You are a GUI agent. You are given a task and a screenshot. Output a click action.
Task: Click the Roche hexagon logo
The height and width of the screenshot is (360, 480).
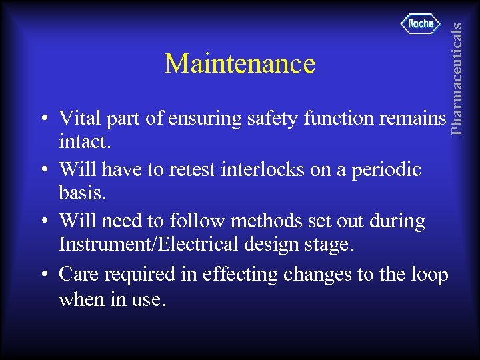pos(421,24)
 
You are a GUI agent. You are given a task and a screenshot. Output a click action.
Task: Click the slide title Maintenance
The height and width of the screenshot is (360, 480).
pos(239,64)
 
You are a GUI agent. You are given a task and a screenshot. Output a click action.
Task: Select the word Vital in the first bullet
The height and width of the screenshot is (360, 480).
pos(77,118)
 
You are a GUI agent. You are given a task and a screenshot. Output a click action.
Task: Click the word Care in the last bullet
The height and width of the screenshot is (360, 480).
pos(78,274)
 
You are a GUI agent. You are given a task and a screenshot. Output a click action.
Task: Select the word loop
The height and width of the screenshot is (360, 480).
pos(428,274)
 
